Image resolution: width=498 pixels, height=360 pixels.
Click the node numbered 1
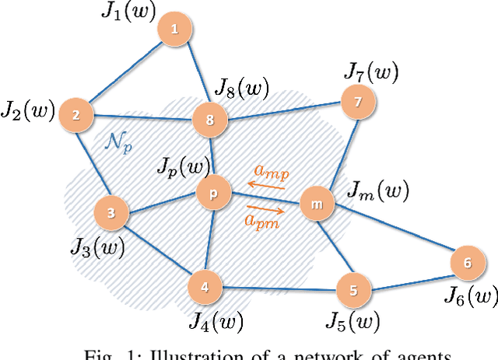(174, 30)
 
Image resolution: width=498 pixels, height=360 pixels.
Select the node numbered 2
(75, 114)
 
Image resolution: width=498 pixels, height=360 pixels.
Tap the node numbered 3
(110, 211)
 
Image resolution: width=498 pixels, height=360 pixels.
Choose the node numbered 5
(353, 292)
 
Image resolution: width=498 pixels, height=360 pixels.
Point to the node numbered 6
(467, 264)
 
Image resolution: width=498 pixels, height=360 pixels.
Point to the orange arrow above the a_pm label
(265, 208)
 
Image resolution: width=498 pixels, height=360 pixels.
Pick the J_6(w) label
(470, 295)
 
